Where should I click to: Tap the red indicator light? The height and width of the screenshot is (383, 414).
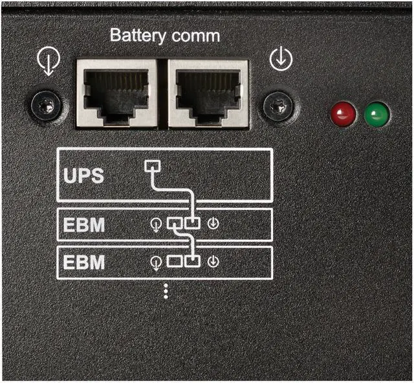pos(343,115)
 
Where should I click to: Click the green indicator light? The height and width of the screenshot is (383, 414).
pos(376,115)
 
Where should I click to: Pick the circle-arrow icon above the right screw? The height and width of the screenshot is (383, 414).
pos(281,60)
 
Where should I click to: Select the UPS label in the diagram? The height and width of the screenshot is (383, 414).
pos(83,176)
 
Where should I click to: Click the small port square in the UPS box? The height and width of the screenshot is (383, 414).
pos(151,165)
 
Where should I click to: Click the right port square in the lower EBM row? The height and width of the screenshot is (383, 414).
pos(193,262)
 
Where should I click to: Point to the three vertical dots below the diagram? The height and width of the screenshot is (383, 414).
pos(166,291)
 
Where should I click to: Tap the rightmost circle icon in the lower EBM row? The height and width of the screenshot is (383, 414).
pos(214,262)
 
